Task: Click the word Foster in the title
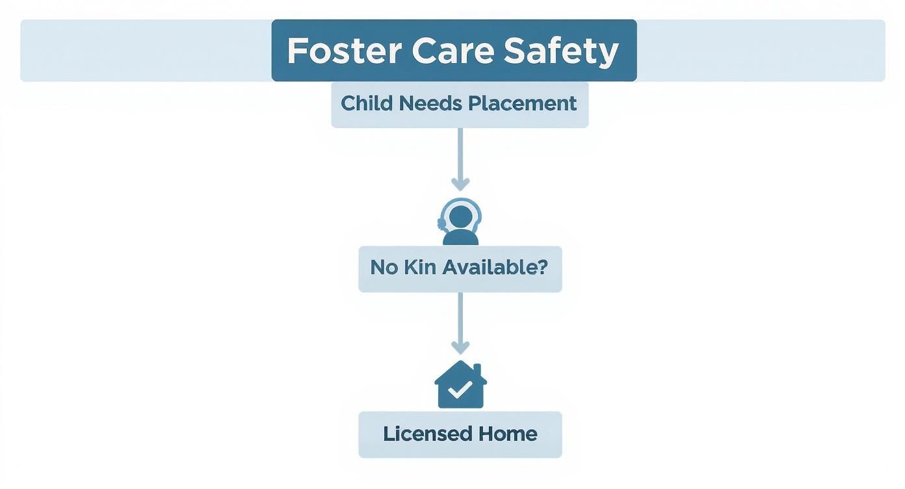343,51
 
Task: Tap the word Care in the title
452,51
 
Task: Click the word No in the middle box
384,267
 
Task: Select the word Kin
421,267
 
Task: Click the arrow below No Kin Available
460,322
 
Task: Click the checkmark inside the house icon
460,390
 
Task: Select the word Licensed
426,434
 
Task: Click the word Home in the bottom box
508,434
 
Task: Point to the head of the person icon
460,215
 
